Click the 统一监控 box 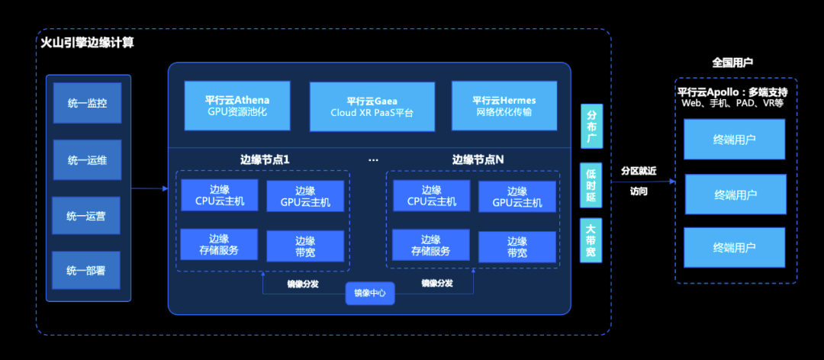click(87, 103)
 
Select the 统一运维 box click(87, 159)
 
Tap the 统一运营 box click(87, 216)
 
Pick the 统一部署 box click(87, 270)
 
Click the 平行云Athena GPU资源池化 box click(237, 105)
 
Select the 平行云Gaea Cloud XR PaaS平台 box click(372, 107)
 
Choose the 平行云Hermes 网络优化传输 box click(504, 105)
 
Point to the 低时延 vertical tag click(591, 185)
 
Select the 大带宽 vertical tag click(591, 240)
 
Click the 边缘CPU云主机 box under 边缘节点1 click(220, 195)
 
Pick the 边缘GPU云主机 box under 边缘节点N click(517, 197)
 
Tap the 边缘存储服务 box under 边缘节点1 click(220, 245)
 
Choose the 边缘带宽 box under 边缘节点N click(517, 246)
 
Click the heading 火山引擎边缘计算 click(87, 43)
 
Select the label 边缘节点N click(478, 160)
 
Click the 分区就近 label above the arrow click(639, 171)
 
